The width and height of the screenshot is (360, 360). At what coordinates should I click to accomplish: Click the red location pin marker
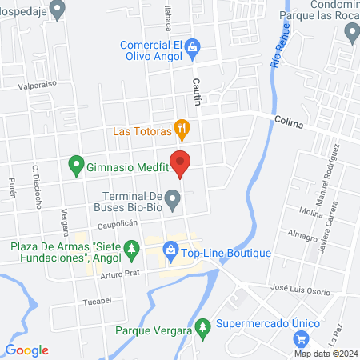pyautogui.click(x=181, y=163)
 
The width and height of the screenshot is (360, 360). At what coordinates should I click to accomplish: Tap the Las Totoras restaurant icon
pyautogui.click(x=182, y=128)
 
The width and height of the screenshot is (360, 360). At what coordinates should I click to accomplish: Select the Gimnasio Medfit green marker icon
pyautogui.click(x=77, y=166)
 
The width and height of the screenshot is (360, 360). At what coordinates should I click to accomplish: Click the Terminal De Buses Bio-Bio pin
pyautogui.click(x=171, y=198)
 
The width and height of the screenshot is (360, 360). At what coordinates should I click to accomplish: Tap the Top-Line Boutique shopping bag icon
pyautogui.click(x=170, y=253)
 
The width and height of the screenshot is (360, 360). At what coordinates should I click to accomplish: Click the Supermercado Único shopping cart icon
pyautogui.click(x=300, y=337)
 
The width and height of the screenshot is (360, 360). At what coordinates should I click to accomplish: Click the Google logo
pyautogui.click(x=26, y=350)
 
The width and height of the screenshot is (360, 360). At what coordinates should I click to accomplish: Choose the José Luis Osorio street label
pyautogui.click(x=300, y=291)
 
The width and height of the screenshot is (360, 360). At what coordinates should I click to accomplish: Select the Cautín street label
pyautogui.click(x=195, y=93)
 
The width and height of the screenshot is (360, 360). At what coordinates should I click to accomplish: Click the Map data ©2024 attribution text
pyautogui.click(x=324, y=354)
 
